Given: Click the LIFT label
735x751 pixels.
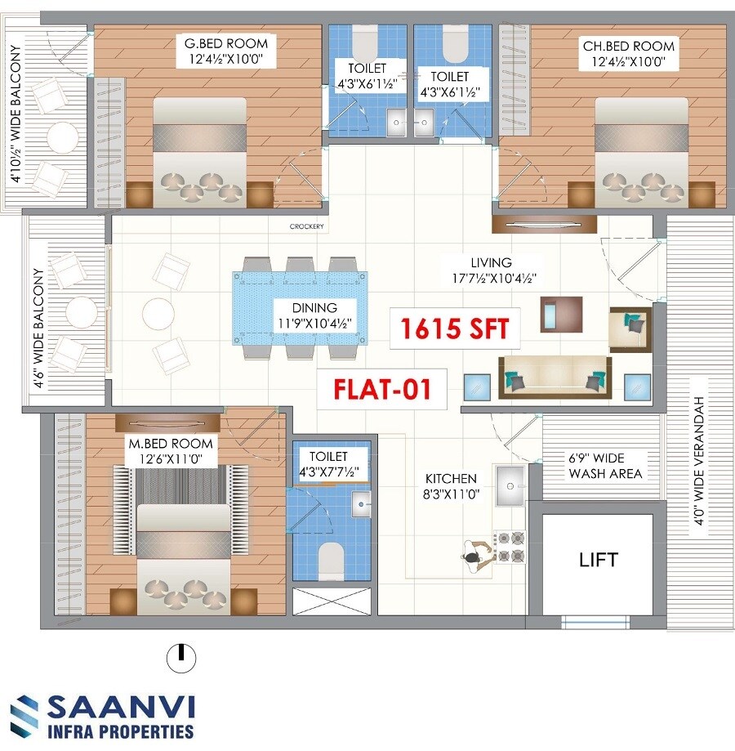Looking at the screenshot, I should point(599,560).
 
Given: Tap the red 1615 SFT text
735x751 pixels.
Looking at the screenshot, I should point(455,329).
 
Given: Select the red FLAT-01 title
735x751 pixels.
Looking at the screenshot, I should point(381,388).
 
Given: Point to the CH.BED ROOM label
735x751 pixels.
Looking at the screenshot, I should point(617,46).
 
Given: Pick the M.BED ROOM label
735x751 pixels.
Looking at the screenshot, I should point(170,443).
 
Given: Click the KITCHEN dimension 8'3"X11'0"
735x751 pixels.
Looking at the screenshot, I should point(451,494).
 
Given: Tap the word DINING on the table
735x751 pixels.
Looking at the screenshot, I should point(314,308).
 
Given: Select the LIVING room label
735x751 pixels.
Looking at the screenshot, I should point(491,263).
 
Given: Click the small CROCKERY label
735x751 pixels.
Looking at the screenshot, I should point(307,226).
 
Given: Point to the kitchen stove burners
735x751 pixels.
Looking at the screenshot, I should point(510,547).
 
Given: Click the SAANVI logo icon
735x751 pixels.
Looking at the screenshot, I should point(24,716).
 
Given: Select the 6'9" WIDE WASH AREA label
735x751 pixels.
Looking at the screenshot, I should point(606,466).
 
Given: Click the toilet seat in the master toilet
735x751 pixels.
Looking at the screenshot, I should point(330,559).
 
